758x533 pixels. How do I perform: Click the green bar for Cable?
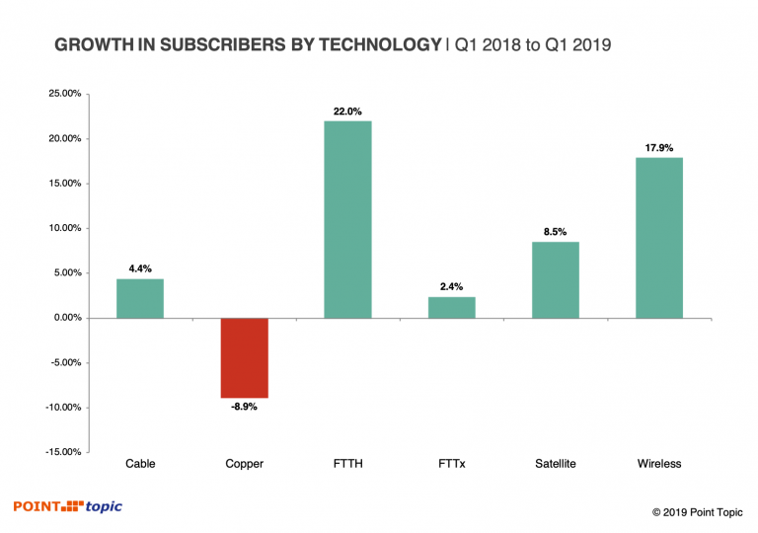point(140,298)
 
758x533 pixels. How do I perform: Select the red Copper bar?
point(244,357)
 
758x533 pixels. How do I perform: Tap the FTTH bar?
point(347,219)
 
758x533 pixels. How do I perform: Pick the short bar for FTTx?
point(451,307)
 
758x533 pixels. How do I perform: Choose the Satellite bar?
point(556,279)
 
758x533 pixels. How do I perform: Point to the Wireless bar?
point(659,237)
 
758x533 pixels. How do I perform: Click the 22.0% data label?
point(347,111)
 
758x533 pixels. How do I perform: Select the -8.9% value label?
point(244,407)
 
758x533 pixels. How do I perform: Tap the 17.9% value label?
point(659,148)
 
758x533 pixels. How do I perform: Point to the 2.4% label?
point(451,287)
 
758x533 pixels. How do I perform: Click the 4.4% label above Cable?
point(140,269)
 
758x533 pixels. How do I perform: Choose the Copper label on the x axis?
point(244,464)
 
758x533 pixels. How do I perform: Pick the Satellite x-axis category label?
point(556,464)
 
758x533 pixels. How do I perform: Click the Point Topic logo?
point(68,506)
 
